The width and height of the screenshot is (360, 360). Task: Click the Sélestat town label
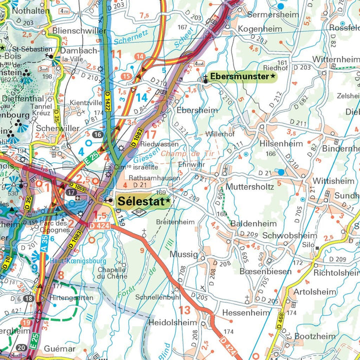point(142,201)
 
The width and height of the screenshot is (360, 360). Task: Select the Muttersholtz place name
point(249,186)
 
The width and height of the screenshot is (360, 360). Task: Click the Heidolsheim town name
point(173,322)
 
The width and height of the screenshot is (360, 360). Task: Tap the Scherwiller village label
point(57,128)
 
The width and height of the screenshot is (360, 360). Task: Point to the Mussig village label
point(184,254)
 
